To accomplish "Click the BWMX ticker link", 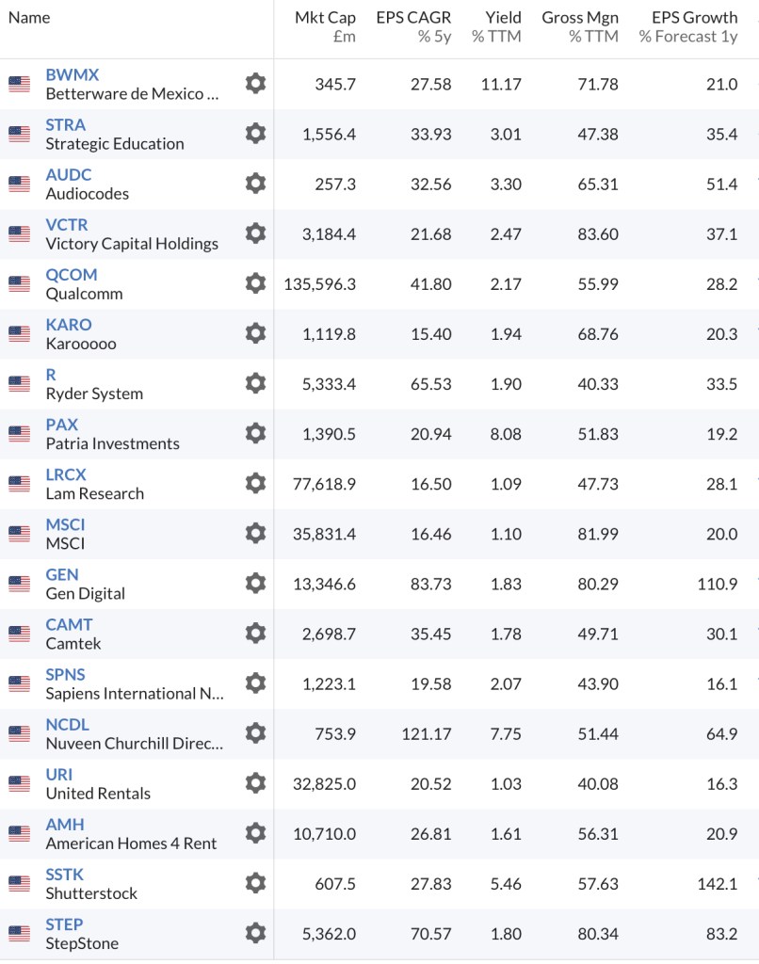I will coord(72,75).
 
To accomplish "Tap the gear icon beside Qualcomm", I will coord(255,283).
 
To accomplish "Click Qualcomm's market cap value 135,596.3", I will coord(320,284).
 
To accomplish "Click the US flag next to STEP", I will coord(19,933).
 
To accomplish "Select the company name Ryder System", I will coord(94,394).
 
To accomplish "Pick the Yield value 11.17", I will coord(501,85).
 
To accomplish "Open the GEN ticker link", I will coord(62,574).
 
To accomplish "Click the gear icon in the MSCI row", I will coord(255,533).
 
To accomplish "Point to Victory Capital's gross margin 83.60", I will coord(598,234).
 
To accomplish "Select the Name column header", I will coord(29,18).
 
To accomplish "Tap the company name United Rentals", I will coord(98,793).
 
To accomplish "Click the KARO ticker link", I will coord(69,325).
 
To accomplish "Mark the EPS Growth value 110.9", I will coord(719,584).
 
